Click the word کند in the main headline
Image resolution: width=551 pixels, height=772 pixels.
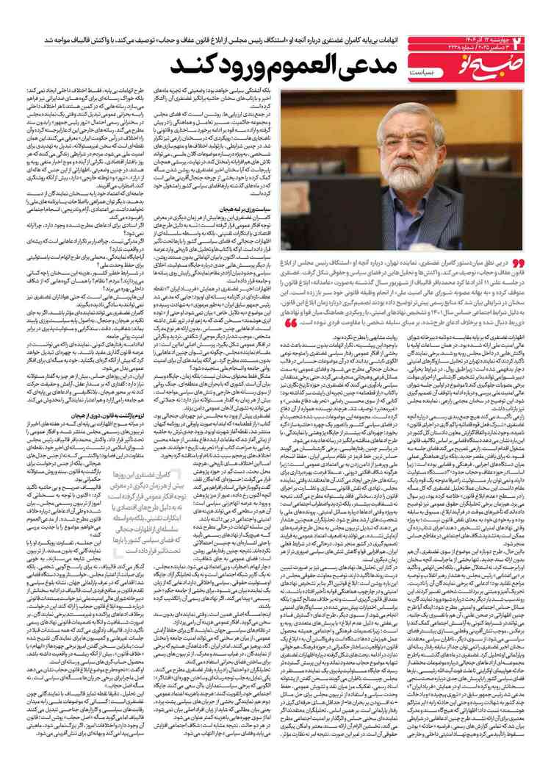(189, 67)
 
